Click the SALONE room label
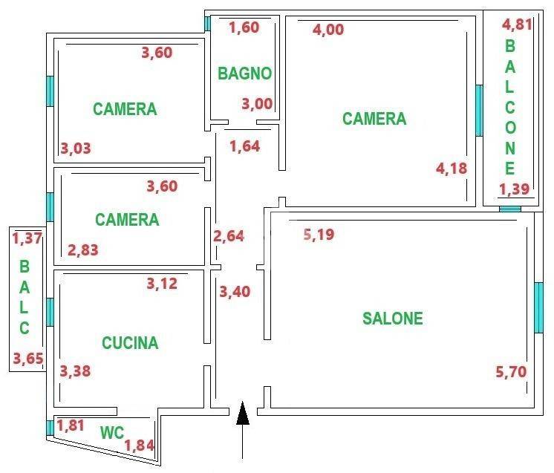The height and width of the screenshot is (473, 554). (x=393, y=318)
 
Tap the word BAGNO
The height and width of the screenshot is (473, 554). (x=244, y=74)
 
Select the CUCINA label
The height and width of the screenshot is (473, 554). (x=130, y=342)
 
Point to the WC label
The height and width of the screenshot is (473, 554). (x=112, y=433)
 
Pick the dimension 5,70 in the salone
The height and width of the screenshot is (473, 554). (x=511, y=371)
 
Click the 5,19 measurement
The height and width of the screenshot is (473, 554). (x=319, y=234)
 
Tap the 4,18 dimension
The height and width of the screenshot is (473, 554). (x=452, y=169)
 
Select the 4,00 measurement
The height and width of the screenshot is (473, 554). (x=328, y=29)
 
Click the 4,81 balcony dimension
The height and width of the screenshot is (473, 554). (x=517, y=25)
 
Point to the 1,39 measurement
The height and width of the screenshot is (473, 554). (x=514, y=189)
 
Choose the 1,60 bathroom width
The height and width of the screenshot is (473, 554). (x=244, y=27)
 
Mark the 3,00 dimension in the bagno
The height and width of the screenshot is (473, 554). (x=257, y=104)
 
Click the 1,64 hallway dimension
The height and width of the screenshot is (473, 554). (x=245, y=146)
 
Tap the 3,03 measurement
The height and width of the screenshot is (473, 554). (x=76, y=149)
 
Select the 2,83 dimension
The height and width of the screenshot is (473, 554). (x=83, y=250)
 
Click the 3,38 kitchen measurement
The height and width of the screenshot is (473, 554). (x=75, y=371)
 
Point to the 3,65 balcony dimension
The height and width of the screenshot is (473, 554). (x=28, y=359)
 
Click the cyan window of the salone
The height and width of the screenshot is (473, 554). (x=539, y=307)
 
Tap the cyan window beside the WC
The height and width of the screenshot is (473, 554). (x=50, y=428)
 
